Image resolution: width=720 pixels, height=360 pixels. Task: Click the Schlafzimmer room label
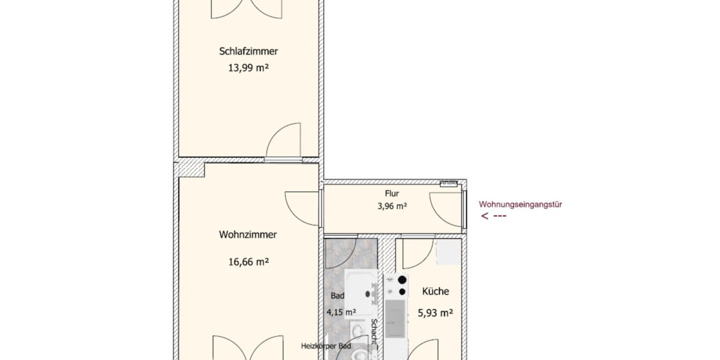tap(248, 52)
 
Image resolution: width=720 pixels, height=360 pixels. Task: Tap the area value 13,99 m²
tap(248, 68)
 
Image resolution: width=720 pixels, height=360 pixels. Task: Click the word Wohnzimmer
tap(248, 235)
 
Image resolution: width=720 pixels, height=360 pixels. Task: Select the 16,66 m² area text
tap(248, 262)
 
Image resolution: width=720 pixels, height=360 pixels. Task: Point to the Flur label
tap(392, 194)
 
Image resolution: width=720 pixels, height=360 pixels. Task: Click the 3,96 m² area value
tap(392, 206)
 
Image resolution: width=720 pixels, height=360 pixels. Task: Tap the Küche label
tap(436, 292)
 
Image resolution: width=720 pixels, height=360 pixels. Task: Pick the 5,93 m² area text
tap(435, 312)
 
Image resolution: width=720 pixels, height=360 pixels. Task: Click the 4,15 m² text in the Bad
tap(341, 312)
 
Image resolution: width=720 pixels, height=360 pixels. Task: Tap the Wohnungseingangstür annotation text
tap(520, 204)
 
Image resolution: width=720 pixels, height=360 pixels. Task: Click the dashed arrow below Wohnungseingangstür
tap(494, 217)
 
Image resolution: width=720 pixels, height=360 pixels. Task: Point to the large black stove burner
tap(403, 280)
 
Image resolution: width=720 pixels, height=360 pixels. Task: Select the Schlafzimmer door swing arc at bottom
tap(283, 140)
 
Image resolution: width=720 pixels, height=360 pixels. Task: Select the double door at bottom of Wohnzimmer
tap(248, 348)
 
